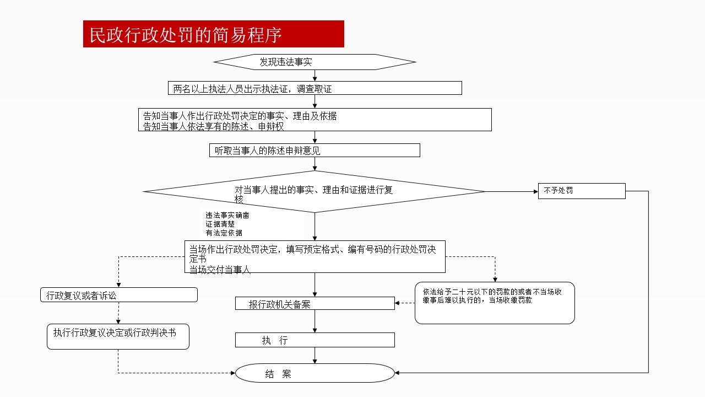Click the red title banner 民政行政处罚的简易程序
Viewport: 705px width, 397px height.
pyautogui.click(x=213, y=34)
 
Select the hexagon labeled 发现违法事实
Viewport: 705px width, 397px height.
pyautogui.click(x=314, y=62)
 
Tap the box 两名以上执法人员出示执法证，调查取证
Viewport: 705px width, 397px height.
pyautogui.click(x=314, y=88)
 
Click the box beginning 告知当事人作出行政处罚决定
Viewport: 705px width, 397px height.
pyautogui.click(x=314, y=120)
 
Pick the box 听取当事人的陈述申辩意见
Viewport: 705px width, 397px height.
pyautogui.click(x=314, y=150)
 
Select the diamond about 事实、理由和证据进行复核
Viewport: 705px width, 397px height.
pyautogui.click(x=314, y=191)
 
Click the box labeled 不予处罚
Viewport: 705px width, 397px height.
pyautogui.click(x=582, y=191)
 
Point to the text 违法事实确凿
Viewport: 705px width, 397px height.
pyautogui.click(x=227, y=216)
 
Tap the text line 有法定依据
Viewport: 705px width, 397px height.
pyautogui.click(x=224, y=233)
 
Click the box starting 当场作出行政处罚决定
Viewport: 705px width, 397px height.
pyautogui.click(x=314, y=256)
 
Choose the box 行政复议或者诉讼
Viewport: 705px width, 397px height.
pyautogui.click(x=119, y=295)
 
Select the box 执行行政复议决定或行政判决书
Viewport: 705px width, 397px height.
pyautogui.click(x=118, y=336)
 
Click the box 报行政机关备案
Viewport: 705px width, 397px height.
pyautogui.click(x=314, y=303)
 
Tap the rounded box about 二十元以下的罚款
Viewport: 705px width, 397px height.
pyautogui.click(x=495, y=303)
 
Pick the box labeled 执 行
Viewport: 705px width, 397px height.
pyautogui.click(x=314, y=340)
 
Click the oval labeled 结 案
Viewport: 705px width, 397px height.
pyautogui.click(x=314, y=373)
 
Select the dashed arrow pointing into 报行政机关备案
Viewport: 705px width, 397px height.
pyautogui.click(x=405, y=303)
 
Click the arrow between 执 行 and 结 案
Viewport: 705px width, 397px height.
pyautogui.click(x=314, y=355)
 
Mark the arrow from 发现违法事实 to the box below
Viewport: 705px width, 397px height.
pyautogui.click(x=314, y=76)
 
